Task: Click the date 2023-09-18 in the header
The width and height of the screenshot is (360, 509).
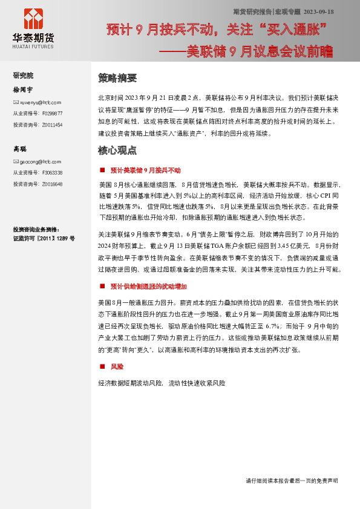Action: [x=318, y=11]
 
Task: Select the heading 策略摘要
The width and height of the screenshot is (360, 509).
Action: [x=117, y=78]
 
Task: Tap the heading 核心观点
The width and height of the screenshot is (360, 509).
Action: [x=117, y=150]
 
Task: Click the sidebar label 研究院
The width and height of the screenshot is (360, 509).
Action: [x=24, y=76]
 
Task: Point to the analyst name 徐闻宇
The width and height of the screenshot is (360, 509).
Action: [x=24, y=89]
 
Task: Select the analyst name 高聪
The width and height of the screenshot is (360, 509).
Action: [x=20, y=149]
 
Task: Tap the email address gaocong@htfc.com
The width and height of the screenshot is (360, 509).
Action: [x=40, y=162]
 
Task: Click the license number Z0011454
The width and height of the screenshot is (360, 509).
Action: [x=53, y=124]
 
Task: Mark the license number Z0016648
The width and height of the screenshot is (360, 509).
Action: [x=53, y=184]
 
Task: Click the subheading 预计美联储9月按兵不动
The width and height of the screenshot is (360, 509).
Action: [x=145, y=170]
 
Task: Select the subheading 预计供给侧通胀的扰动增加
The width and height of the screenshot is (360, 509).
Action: [x=149, y=286]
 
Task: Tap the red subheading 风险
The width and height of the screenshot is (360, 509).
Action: [x=117, y=367]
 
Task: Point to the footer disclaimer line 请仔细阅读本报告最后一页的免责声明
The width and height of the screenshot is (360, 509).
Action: [x=292, y=481]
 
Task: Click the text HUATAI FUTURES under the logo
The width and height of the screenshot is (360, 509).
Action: [x=33, y=47]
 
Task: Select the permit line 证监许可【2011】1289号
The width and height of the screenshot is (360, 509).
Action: [x=44, y=238]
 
